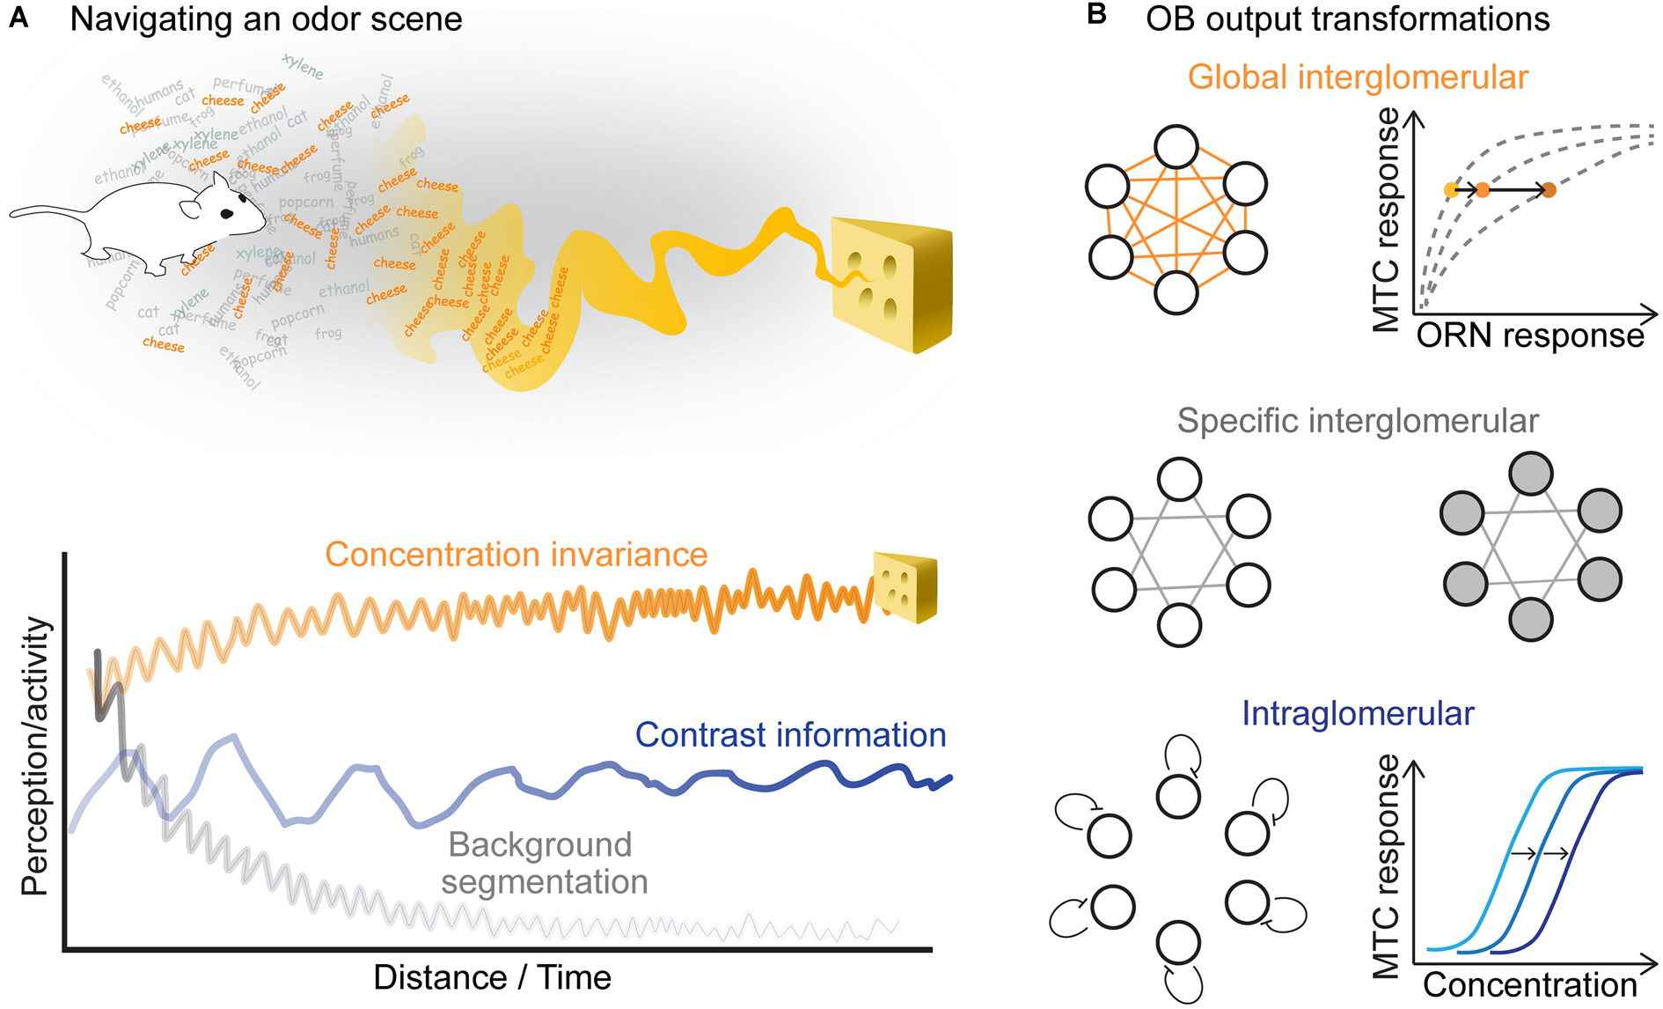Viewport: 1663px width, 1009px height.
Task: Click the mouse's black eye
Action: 227,214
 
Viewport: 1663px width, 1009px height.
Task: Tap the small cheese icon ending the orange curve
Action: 905,587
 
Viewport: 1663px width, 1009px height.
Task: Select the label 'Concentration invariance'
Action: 516,555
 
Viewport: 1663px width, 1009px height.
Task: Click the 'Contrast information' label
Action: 790,735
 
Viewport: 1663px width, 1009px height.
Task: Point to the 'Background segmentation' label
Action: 543,863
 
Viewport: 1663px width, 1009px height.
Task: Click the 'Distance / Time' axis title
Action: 492,977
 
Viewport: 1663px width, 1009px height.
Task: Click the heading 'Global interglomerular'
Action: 1358,77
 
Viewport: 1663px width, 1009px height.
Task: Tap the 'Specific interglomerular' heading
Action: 1358,421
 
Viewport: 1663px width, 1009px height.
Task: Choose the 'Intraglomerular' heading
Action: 1358,713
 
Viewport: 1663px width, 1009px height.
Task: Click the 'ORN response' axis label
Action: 1529,335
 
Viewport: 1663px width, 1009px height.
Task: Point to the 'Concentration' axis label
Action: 1529,985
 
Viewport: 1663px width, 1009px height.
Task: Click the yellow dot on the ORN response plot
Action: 1451,189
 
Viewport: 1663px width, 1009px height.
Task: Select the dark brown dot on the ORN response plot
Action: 1549,189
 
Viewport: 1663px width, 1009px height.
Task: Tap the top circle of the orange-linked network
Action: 1176,146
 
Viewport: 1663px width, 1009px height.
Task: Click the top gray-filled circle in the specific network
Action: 1531,474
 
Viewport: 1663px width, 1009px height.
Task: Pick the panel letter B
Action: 1096,15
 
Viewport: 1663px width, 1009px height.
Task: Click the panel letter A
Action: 18,17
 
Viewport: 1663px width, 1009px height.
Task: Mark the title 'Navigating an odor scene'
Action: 266,18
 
